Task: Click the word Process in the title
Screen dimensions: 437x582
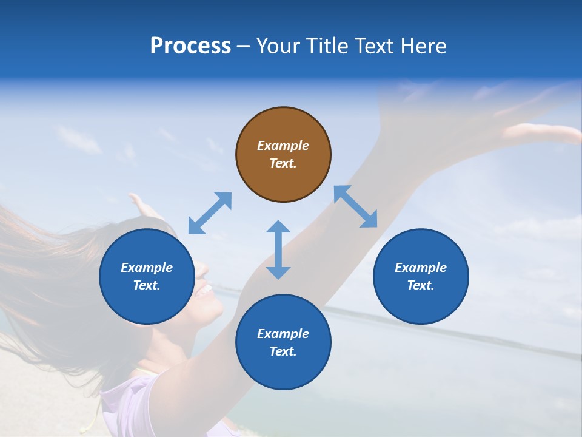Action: [190, 46]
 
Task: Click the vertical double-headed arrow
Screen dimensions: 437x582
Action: [278, 249]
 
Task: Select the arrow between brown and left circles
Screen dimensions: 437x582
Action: [210, 213]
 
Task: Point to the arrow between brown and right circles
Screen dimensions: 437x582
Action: [356, 206]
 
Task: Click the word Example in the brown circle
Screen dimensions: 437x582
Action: [283, 146]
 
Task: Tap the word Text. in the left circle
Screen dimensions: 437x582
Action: [147, 285]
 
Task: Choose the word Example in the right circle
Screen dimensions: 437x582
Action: [421, 268]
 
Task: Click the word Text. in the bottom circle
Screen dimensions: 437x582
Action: [283, 351]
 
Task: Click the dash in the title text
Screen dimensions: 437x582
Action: [244, 47]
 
